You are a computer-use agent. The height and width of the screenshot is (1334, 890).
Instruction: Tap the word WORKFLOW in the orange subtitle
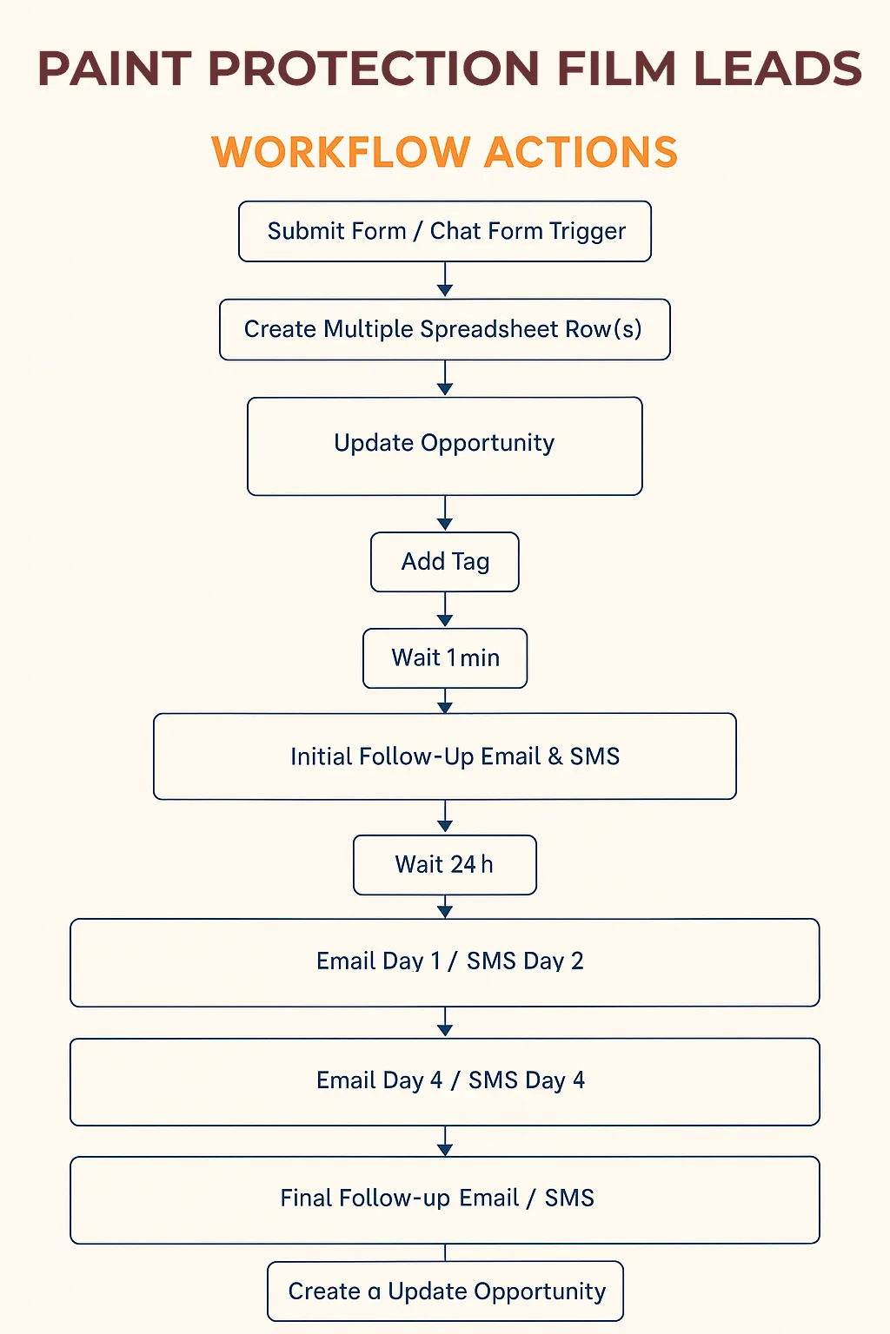click(x=341, y=152)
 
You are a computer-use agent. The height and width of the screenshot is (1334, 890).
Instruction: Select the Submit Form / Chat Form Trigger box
click(x=445, y=231)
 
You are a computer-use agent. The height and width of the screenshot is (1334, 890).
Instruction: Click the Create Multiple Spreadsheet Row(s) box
click(x=445, y=329)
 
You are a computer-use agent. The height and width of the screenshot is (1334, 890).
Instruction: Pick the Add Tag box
click(x=445, y=562)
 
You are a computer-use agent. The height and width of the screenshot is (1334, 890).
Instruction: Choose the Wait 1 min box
click(x=445, y=658)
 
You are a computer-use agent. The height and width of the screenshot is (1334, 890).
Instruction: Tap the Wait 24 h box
click(x=445, y=865)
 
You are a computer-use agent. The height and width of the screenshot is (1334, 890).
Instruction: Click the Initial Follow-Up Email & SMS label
click(x=455, y=756)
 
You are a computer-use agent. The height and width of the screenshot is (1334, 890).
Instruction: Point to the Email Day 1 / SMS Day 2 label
click(x=449, y=961)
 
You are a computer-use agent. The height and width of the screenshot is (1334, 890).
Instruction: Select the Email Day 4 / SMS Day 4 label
click(x=450, y=1080)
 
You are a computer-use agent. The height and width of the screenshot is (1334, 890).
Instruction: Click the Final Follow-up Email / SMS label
click(x=437, y=1199)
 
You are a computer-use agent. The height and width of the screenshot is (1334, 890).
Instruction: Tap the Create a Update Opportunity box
click(x=445, y=1291)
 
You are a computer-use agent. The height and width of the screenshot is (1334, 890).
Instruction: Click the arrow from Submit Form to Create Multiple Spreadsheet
click(x=445, y=280)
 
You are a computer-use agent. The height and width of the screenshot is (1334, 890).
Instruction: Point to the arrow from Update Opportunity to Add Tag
click(x=445, y=512)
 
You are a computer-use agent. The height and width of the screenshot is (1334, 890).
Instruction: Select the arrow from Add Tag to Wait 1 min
click(x=445, y=609)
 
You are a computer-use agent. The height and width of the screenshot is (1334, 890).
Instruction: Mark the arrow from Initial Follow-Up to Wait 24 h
click(x=445, y=816)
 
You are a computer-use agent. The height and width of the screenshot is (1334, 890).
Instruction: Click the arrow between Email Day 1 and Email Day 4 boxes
click(x=445, y=1022)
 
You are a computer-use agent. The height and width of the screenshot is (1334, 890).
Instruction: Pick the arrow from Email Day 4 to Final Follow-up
click(x=445, y=1141)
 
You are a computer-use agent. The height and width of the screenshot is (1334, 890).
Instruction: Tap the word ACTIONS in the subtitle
click(x=581, y=152)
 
